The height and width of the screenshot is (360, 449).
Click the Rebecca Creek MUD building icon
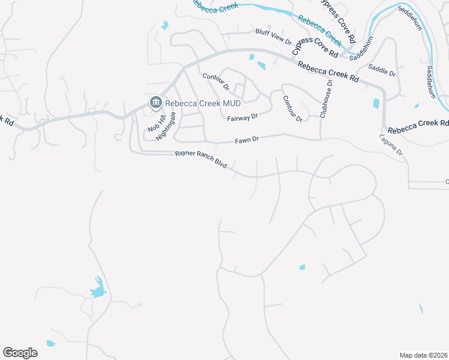coord(155,103)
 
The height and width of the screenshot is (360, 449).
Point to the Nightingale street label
coord(166,126)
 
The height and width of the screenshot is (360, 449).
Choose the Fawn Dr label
coord(247,140)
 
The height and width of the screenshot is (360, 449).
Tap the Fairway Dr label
coord(242,118)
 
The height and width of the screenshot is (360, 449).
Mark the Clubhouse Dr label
coord(326,98)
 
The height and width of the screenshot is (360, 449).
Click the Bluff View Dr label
coord(273,37)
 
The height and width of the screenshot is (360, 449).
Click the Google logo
coord(20,353)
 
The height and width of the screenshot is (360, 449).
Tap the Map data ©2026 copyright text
coord(423,355)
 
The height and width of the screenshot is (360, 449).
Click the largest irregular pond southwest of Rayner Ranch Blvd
coord(98,289)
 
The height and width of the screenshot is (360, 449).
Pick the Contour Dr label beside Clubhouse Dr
coord(292,109)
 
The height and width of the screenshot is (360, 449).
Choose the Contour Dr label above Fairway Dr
coord(216,82)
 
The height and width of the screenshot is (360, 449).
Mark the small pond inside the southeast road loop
coord(302,267)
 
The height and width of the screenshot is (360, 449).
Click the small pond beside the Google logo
coord(50,344)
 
